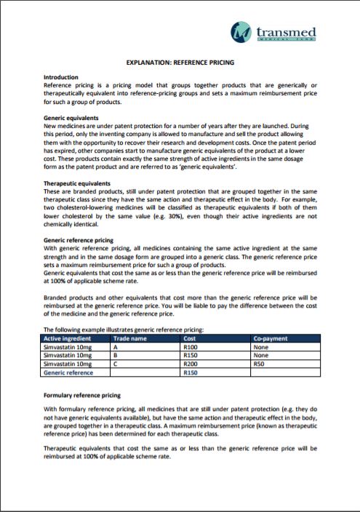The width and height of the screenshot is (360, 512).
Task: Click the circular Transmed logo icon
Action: [x=241, y=31]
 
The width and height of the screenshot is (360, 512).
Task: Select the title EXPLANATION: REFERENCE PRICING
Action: [x=180, y=63]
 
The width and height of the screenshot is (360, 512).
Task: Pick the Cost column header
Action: [x=191, y=338]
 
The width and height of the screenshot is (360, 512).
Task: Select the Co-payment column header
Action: [x=269, y=338]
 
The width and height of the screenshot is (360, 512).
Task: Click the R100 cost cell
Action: [x=192, y=347]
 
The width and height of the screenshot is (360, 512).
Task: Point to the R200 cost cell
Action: [x=192, y=363]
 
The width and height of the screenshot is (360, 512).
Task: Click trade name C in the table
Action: [x=116, y=363]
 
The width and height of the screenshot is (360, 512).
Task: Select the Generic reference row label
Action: [x=69, y=372]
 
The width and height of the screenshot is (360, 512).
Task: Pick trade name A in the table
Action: [x=116, y=347]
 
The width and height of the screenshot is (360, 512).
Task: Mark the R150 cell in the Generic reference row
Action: [x=192, y=372]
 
